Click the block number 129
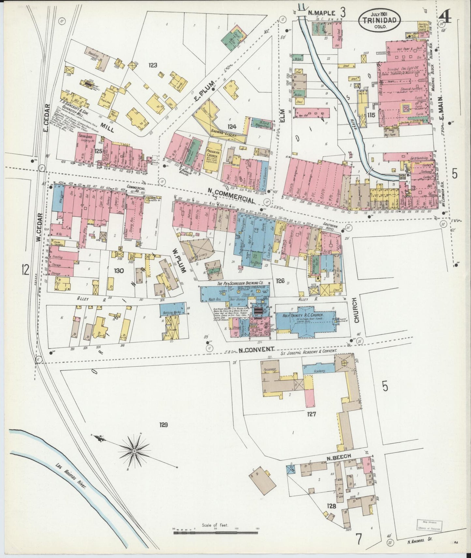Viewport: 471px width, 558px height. pyautogui.click(x=163, y=425)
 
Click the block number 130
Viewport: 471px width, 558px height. pyautogui.click(x=119, y=270)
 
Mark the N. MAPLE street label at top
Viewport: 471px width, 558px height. pyautogui.click(x=321, y=13)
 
